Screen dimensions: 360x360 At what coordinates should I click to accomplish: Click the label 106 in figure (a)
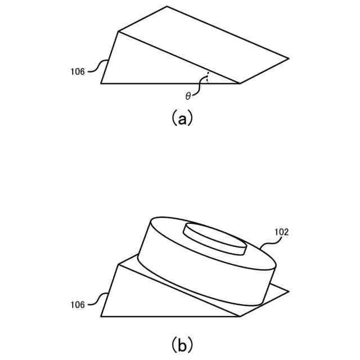(78, 71)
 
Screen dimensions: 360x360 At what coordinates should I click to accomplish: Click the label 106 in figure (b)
(78, 305)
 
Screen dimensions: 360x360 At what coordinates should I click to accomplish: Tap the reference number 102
(282, 232)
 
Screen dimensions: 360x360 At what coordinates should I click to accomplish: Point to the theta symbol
(188, 96)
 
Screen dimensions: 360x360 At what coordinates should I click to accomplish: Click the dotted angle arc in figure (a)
(208, 78)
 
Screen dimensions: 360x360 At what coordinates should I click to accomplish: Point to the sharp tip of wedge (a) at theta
(240, 83)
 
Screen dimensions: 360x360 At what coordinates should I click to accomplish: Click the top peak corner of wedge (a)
(167, 6)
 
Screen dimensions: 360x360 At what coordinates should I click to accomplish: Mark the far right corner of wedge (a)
(289, 58)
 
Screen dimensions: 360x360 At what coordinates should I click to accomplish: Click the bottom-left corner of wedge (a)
(101, 83)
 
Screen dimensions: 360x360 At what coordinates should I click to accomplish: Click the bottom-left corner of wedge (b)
(101, 316)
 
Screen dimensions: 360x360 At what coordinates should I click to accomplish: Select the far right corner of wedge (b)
(289, 291)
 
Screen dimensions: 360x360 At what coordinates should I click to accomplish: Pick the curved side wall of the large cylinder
(202, 276)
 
